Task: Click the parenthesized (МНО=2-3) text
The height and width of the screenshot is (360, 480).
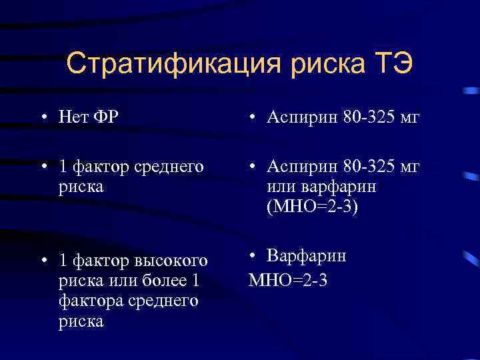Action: pos(312,208)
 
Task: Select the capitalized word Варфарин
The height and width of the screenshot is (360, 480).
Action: pos(307,256)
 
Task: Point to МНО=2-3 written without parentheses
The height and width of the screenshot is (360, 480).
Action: pos(288,280)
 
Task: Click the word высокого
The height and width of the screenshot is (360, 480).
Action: pos(169,259)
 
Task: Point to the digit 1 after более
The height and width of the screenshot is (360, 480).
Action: pos(195,279)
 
